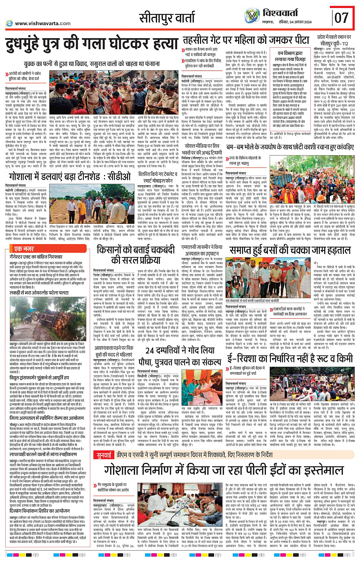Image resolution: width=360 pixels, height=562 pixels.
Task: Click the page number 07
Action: tap(341, 18)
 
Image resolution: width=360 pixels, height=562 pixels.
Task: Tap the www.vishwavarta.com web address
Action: tap(42, 23)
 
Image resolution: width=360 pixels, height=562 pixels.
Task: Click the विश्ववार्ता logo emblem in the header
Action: tap(252, 16)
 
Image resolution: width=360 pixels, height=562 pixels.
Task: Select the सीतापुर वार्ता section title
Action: tap(167, 18)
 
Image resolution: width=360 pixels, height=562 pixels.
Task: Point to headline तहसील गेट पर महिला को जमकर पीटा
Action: tap(246, 40)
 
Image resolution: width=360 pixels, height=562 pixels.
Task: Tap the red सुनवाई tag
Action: tap(104, 455)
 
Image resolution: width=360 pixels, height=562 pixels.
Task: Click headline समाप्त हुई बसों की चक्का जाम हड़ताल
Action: tap(290, 250)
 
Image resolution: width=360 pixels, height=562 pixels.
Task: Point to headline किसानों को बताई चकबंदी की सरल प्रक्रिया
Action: tap(136, 255)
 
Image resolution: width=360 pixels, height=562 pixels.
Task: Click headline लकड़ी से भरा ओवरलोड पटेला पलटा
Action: tap(39, 292)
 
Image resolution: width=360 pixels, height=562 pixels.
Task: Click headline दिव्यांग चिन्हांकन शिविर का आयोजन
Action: tap(40, 511)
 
